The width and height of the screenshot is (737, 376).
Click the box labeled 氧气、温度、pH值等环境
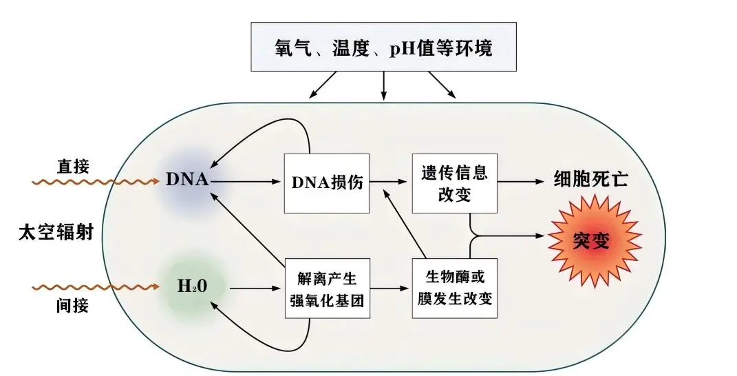pos(383,48)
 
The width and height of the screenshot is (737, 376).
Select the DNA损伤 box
pos(327,182)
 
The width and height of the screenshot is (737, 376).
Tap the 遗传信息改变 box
pos(454,182)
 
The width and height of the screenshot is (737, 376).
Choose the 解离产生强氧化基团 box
pos(327,289)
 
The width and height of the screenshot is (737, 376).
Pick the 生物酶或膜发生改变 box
pos(454,288)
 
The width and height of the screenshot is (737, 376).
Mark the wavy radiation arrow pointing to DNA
pos(96,182)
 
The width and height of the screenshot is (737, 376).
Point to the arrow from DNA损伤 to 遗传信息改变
pos(390,182)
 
